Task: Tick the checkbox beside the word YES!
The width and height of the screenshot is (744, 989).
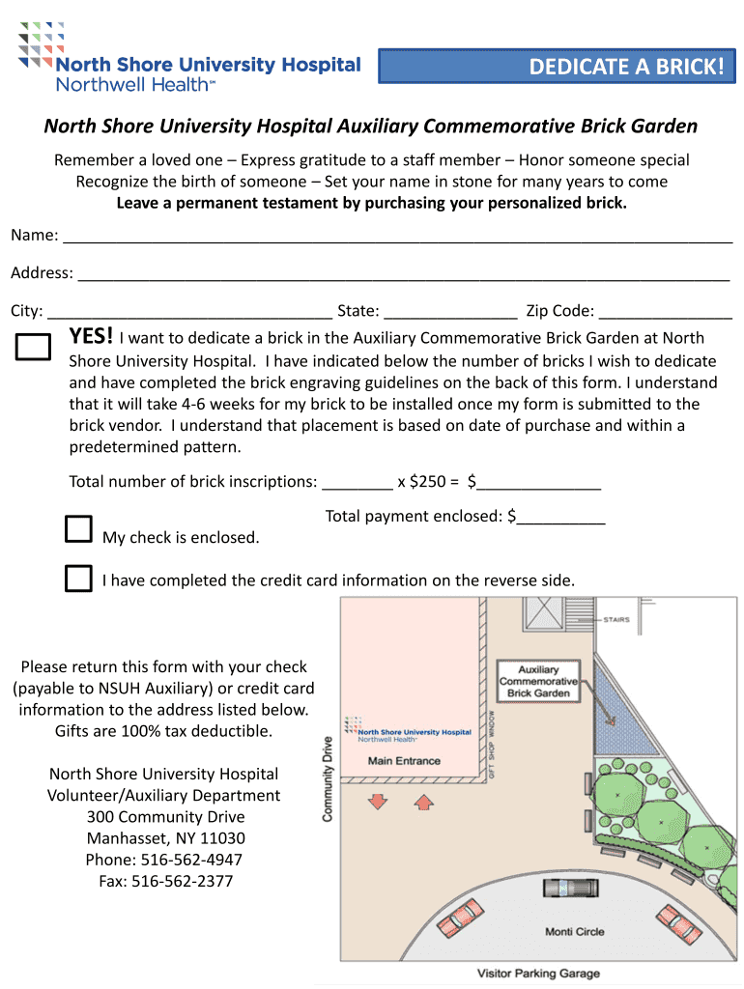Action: click(x=33, y=348)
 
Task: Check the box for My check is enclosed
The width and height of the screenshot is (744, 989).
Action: click(x=78, y=529)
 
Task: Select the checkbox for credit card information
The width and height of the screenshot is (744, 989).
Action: click(x=78, y=579)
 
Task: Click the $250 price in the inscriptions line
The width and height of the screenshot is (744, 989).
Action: click(x=429, y=481)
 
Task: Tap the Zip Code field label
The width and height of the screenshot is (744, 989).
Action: click(x=559, y=311)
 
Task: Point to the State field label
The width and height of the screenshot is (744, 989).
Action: click(x=358, y=311)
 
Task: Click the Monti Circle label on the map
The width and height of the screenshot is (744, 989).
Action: click(x=575, y=932)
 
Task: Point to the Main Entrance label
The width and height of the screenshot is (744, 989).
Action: click(x=404, y=761)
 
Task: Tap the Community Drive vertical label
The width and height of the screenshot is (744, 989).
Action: click(x=328, y=778)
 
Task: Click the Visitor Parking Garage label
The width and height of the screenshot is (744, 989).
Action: click(x=538, y=974)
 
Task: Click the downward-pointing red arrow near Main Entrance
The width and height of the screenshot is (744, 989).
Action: click(x=378, y=801)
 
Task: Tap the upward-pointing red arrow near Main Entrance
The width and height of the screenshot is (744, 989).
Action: click(x=422, y=801)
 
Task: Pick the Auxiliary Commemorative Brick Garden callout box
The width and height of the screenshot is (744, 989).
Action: click(x=538, y=681)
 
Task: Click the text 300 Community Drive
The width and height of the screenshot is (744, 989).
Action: click(x=165, y=817)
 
